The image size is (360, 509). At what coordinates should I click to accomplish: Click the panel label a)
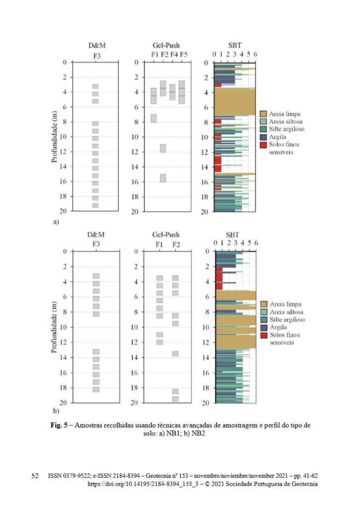pos(56,222)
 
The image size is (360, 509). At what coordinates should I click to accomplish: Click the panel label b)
pos(56,411)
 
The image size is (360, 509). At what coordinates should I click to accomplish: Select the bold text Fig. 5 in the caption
pos(59,425)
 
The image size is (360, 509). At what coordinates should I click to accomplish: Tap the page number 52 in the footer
pos(35,476)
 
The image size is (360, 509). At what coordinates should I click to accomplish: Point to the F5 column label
pos(184,55)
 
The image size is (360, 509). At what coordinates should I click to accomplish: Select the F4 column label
pos(175,55)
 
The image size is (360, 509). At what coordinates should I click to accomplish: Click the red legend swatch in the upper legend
pos(263,145)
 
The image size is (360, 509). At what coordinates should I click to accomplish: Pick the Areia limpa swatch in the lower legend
pos(264,304)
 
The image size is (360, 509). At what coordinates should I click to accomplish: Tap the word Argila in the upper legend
pos(277,137)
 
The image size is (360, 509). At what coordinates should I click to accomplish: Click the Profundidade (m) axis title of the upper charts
pos(54,137)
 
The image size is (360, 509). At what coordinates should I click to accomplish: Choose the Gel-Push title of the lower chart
pos(166,235)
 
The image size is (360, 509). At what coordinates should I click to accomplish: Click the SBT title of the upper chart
pos(235,45)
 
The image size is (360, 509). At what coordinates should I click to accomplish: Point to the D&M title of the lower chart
pos(96,235)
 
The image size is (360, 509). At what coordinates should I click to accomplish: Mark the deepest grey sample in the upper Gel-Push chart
pos(163,178)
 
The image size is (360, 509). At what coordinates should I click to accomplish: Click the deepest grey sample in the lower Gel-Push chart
pos(176,399)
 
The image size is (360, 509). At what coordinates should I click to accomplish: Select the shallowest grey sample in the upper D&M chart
pos(95,86)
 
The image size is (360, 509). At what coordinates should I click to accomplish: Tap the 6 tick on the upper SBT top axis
pos(255,54)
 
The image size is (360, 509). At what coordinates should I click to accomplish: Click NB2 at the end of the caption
pos(198,433)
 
